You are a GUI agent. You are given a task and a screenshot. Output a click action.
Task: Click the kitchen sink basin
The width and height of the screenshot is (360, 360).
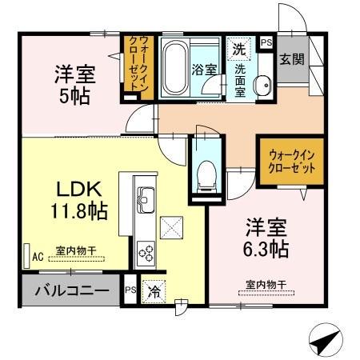(146, 195)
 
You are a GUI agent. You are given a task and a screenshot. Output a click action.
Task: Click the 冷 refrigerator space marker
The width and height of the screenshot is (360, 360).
(151, 292)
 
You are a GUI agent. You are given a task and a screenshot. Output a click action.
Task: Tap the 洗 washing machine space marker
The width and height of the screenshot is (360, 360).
(238, 49)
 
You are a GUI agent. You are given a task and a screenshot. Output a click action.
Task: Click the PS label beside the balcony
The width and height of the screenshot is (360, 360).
(130, 291)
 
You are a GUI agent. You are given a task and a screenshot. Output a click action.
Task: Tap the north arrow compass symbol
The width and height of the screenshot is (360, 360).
(320, 342)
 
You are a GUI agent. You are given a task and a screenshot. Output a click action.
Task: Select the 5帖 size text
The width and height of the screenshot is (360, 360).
(75, 96)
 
